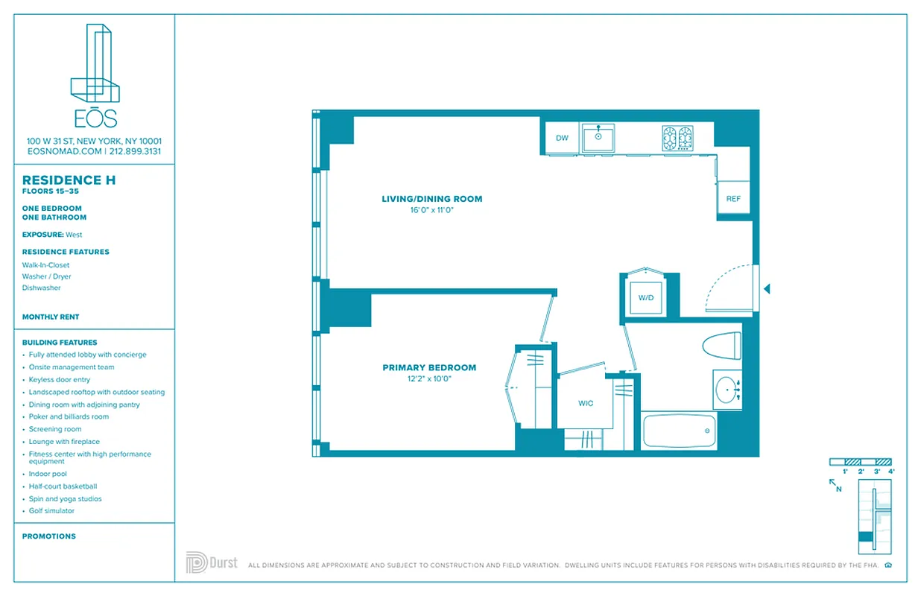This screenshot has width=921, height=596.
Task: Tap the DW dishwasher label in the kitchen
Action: pos(562,138)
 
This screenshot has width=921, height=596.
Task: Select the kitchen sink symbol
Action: pos(598,139)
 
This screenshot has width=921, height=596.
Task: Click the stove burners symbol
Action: pos(677,138)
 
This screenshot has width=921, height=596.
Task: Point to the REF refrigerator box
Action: pos(733,199)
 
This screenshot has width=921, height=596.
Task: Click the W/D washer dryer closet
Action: pos(645,297)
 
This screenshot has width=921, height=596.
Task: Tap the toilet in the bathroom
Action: pos(722,346)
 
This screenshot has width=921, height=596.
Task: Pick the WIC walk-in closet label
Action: pos(586,403)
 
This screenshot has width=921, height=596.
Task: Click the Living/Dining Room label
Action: pos(431,199)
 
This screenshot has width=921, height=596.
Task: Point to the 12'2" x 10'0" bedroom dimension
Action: pos(428,378)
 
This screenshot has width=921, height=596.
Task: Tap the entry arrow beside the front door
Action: pos(767,288)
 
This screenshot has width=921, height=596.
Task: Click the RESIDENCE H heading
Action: pos(69,180)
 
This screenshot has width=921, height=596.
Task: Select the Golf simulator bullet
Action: pos(51,511)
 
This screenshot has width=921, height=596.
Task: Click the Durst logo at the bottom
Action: pos(212,562)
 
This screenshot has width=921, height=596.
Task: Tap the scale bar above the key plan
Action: pos(861,462)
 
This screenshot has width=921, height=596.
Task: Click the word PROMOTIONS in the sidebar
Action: pos(49,536)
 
